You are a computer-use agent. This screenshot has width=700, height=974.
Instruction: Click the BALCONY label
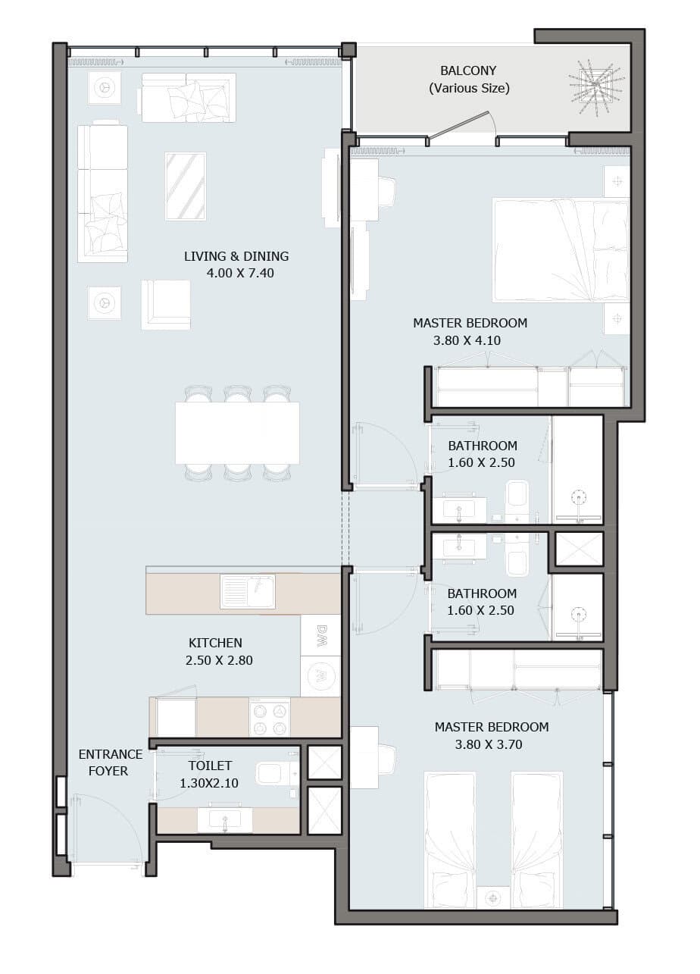coord(468,70)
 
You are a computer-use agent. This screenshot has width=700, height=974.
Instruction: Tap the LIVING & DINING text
coord(236,256)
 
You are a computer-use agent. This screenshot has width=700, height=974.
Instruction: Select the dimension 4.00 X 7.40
coord(240,273)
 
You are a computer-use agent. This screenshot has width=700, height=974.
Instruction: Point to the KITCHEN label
coord(215,643)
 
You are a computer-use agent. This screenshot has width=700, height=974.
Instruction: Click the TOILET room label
coord(210,766)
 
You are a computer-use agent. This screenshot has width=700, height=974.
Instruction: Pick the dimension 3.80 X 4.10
coord(467,340)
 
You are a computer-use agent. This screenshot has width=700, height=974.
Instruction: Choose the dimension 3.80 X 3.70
coord(489,744)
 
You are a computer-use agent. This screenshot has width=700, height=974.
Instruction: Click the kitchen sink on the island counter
coord(248,591)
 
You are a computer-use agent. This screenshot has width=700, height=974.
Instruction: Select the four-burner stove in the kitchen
coord(270,717)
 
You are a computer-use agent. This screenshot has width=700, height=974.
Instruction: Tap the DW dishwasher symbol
coord(320,635)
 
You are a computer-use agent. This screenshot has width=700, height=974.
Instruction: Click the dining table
coord(237,433)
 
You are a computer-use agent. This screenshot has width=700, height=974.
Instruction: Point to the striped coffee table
coord(186,186)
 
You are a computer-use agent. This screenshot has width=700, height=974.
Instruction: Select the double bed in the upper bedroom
coord(561,250)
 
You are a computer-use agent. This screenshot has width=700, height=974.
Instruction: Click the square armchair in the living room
coord(166,305)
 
